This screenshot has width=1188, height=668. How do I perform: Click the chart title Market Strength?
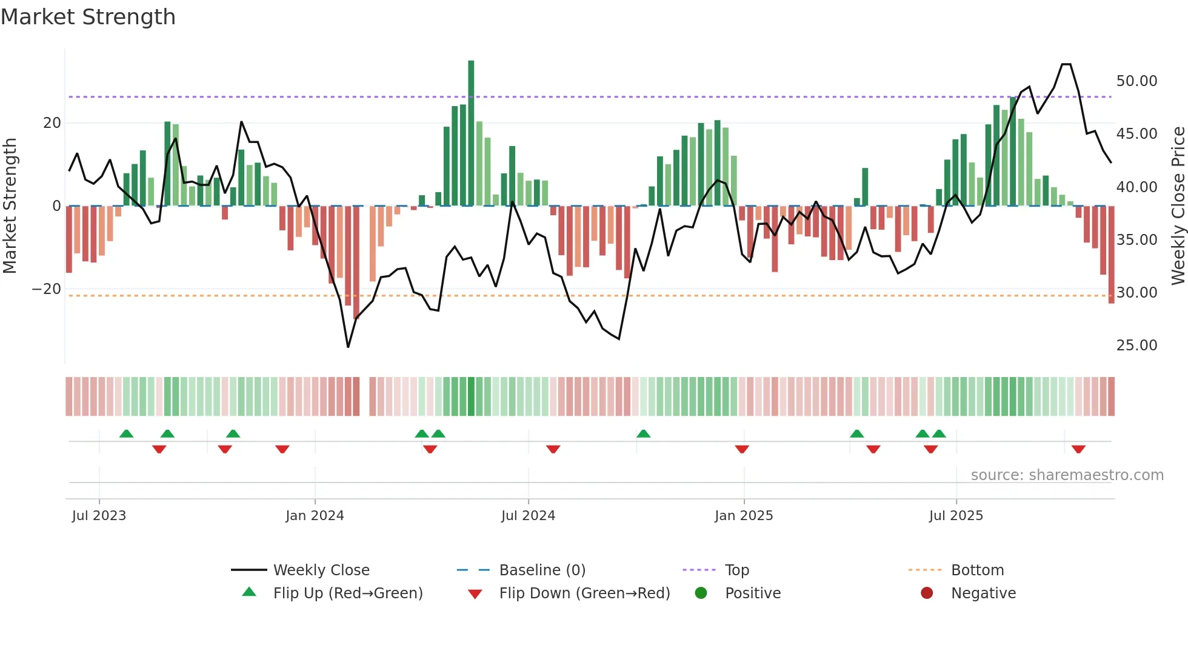tap(88, 17)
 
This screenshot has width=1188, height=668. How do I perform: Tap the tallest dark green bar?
tap(471, 133)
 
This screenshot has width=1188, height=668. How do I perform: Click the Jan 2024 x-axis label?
tap(315, 516)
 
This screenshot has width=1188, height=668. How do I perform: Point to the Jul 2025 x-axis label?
tap(956, 516)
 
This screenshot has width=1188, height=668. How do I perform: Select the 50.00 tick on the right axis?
tap(1136, 81)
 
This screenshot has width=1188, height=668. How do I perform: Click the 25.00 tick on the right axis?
tap(1136, 346)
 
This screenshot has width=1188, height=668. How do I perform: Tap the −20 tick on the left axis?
tap(47, 289)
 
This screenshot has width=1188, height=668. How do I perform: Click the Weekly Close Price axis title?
tap(1178, 206)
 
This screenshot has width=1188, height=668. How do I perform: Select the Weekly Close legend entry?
tap(321, 570)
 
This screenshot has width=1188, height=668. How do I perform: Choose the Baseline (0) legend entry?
tap(542, 570)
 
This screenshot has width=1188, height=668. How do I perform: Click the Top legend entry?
tap(736, 570)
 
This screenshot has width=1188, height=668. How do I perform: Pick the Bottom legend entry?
tap(977, 570)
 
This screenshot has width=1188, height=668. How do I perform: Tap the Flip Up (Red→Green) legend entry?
tap(347, 593)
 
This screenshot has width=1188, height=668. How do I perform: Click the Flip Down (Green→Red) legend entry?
tap(584, 593)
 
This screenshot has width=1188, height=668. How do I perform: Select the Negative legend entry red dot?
tap(927, 593)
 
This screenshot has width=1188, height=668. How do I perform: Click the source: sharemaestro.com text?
tap(1067, 475)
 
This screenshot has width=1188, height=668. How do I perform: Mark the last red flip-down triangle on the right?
tap(1078, 449)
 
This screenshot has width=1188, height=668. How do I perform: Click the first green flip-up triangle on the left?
tap(126, 433)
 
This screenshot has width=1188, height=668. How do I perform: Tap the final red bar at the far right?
tap(1111, 255)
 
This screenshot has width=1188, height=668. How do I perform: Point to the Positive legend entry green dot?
tap(701, 593)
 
